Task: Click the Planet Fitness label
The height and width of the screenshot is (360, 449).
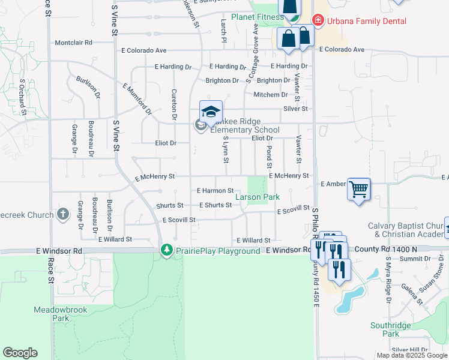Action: click(x=258, y=17)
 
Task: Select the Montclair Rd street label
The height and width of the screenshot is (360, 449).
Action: click(x=73, y=43)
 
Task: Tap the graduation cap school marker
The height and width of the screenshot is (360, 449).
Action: click(x=211, y=112)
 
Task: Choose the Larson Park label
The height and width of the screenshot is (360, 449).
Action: click(x=258, y=197)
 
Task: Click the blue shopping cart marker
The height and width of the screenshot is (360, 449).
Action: click(x=358, y=190)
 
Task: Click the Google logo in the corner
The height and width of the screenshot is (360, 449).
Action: click(x=20, y=353)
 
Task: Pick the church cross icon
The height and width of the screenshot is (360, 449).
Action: click(x=63, y=214)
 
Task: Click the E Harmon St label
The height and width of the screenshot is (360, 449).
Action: click(x=215, y=191)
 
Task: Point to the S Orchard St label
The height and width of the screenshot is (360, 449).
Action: click(x=22, y=97)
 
